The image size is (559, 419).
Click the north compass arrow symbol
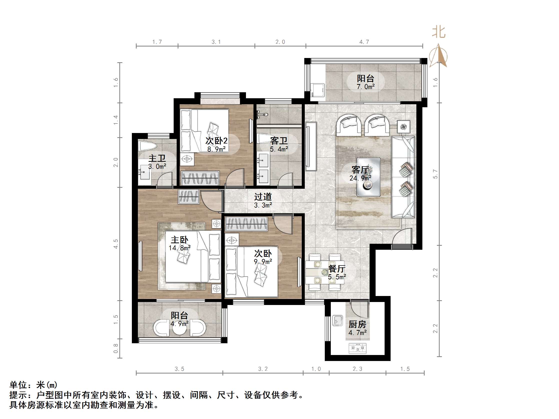pos(438,56)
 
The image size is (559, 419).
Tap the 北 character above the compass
pos(438,32)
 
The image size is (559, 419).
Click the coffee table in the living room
pos(369,177)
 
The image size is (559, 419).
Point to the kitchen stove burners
pos(358,348)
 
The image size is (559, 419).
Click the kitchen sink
pos(337,320)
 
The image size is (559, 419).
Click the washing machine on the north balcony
pos(318,90)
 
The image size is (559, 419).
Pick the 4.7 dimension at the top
pos(364,42)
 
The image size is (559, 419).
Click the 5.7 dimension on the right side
pos(435,174)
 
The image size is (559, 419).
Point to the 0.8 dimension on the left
pos(116,348)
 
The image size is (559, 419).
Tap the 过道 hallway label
pos(263,196)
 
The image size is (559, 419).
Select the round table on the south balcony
pos(180,327)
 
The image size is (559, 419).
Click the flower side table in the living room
pos(404,126)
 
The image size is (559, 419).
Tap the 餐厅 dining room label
pos(337,268)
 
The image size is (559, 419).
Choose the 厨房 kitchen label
pos(357,324)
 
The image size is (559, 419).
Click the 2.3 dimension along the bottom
pos(358,369)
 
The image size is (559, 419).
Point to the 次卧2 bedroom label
pos(217,140)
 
